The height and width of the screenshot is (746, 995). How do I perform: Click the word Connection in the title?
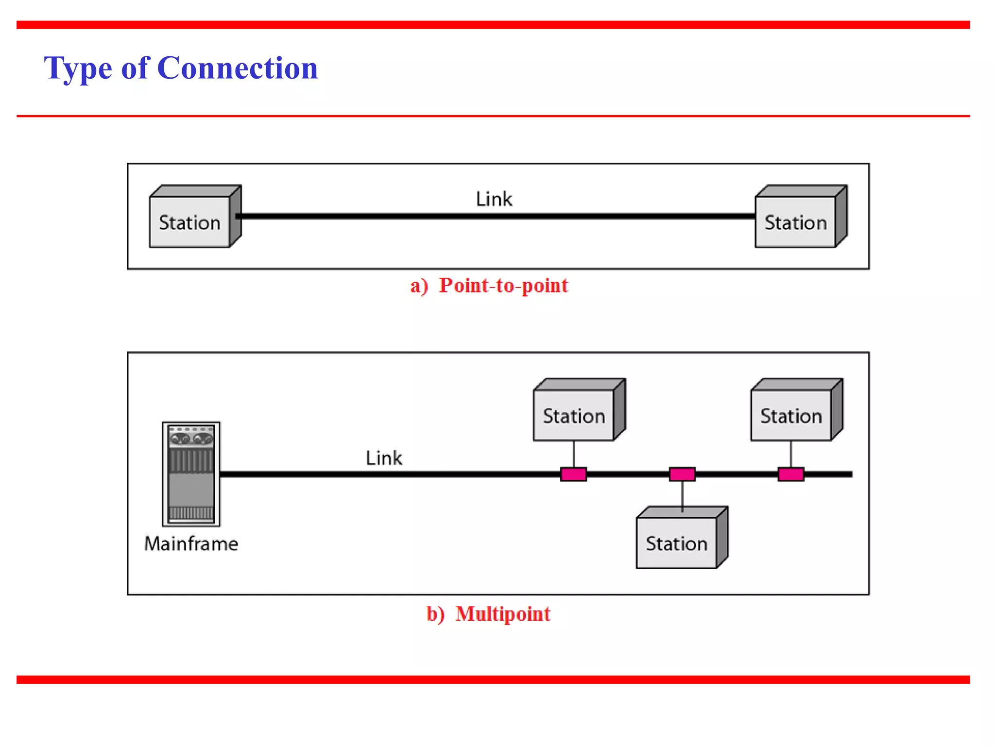coord(238,68)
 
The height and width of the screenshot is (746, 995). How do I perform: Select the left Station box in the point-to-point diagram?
coord(190,222)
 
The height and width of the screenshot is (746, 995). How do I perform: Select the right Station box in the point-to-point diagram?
coord(795,222)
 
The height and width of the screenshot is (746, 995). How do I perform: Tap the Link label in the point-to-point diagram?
coord(494,199)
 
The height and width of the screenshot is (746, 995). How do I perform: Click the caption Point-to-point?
coord(503,286)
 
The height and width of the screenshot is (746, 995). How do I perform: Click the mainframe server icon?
coord(191,474)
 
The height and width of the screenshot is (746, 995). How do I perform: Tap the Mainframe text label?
coord(191,543)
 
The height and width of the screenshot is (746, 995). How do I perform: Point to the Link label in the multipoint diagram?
coord(384,458)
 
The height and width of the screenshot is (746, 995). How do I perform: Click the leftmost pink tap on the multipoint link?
coord(573,474)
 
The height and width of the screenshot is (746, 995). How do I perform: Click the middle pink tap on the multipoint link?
coord(682,474)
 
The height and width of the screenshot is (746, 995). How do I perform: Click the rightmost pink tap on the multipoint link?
coord(790,474)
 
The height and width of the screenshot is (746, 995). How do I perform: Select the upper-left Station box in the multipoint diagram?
coord(574,416)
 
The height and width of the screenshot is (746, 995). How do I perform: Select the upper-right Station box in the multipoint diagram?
coord(791,416)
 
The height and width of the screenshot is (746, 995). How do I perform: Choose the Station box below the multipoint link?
coord(676,543)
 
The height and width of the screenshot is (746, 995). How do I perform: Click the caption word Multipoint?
coord(503,614)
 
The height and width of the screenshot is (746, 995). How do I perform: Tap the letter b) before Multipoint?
coord(435,614)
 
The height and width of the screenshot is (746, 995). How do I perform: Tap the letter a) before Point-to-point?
coord(419,286)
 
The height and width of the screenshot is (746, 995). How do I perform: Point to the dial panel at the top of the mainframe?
coord(191,436)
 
